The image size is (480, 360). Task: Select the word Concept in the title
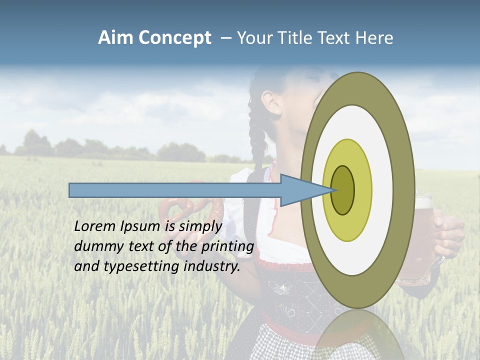point(174,38)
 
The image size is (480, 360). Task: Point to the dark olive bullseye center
point(342,190)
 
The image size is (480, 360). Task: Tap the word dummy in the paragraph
point(96,246)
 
